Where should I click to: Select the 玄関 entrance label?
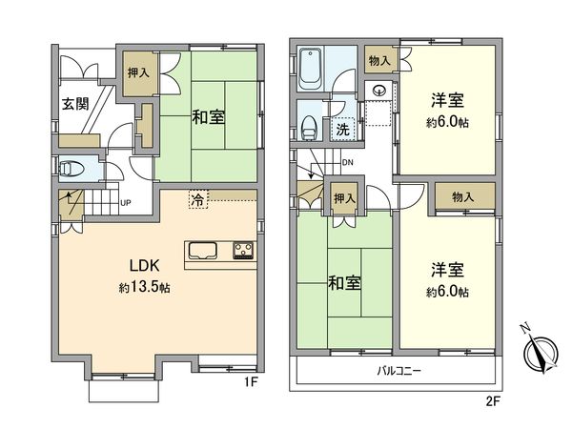76,103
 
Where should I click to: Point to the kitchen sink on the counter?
203,252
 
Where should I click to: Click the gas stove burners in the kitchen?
241,252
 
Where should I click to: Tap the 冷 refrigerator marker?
195,200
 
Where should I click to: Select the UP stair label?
124,202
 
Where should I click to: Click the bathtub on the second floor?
311,66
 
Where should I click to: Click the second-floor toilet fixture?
310,124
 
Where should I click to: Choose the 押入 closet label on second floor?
345,198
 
